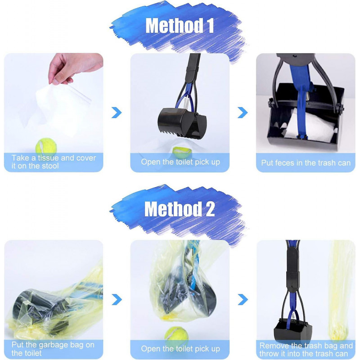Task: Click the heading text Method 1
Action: pyautogui.click(x=180, y=26)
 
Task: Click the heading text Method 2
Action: pyautogui.click(x=180, y=209)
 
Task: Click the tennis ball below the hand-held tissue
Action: pyautogui.click(x=44, y=146)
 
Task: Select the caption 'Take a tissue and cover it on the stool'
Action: pyautogui.click(x=54, y=162)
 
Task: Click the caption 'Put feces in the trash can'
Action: pyautogui.click(x=306, y=162)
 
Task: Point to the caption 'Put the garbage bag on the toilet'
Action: pyautogui.click(x=54, y=349)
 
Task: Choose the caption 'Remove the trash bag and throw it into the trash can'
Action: pyautogui.click(x=306, y=349)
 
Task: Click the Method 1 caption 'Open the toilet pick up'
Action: pyautogui.click(x=180, y=162)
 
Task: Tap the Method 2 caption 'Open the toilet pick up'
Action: pyautogui.click(x=180, y=349)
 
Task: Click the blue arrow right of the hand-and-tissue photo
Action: pyautogui.click(x=117, y=112)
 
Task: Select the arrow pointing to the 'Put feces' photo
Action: pyautogui.click(x=243, y=112)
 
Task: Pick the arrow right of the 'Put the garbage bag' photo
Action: pyautogui.click(x=117, y=299)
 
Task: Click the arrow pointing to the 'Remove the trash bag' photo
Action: pyautogui.click(x=243, y=299)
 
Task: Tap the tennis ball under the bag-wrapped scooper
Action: pyautogui.click(x=176, y=335)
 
